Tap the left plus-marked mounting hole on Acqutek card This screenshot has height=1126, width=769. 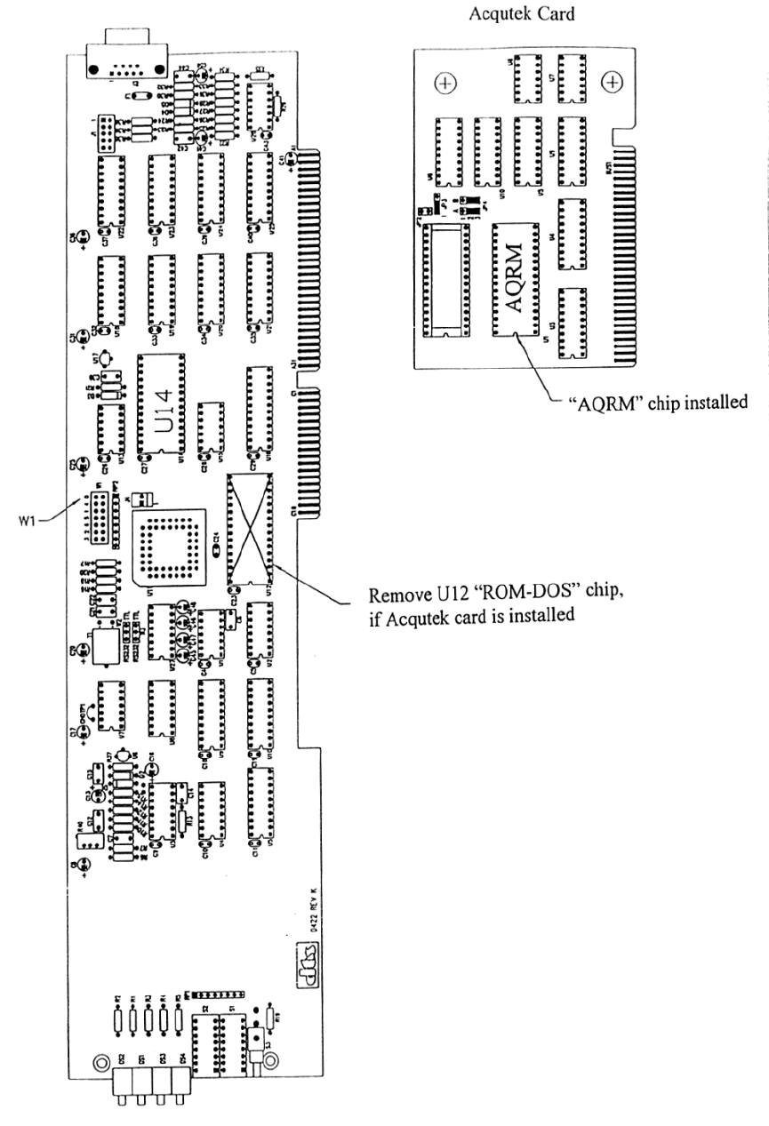pyautogui.click(x=445, y=83)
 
